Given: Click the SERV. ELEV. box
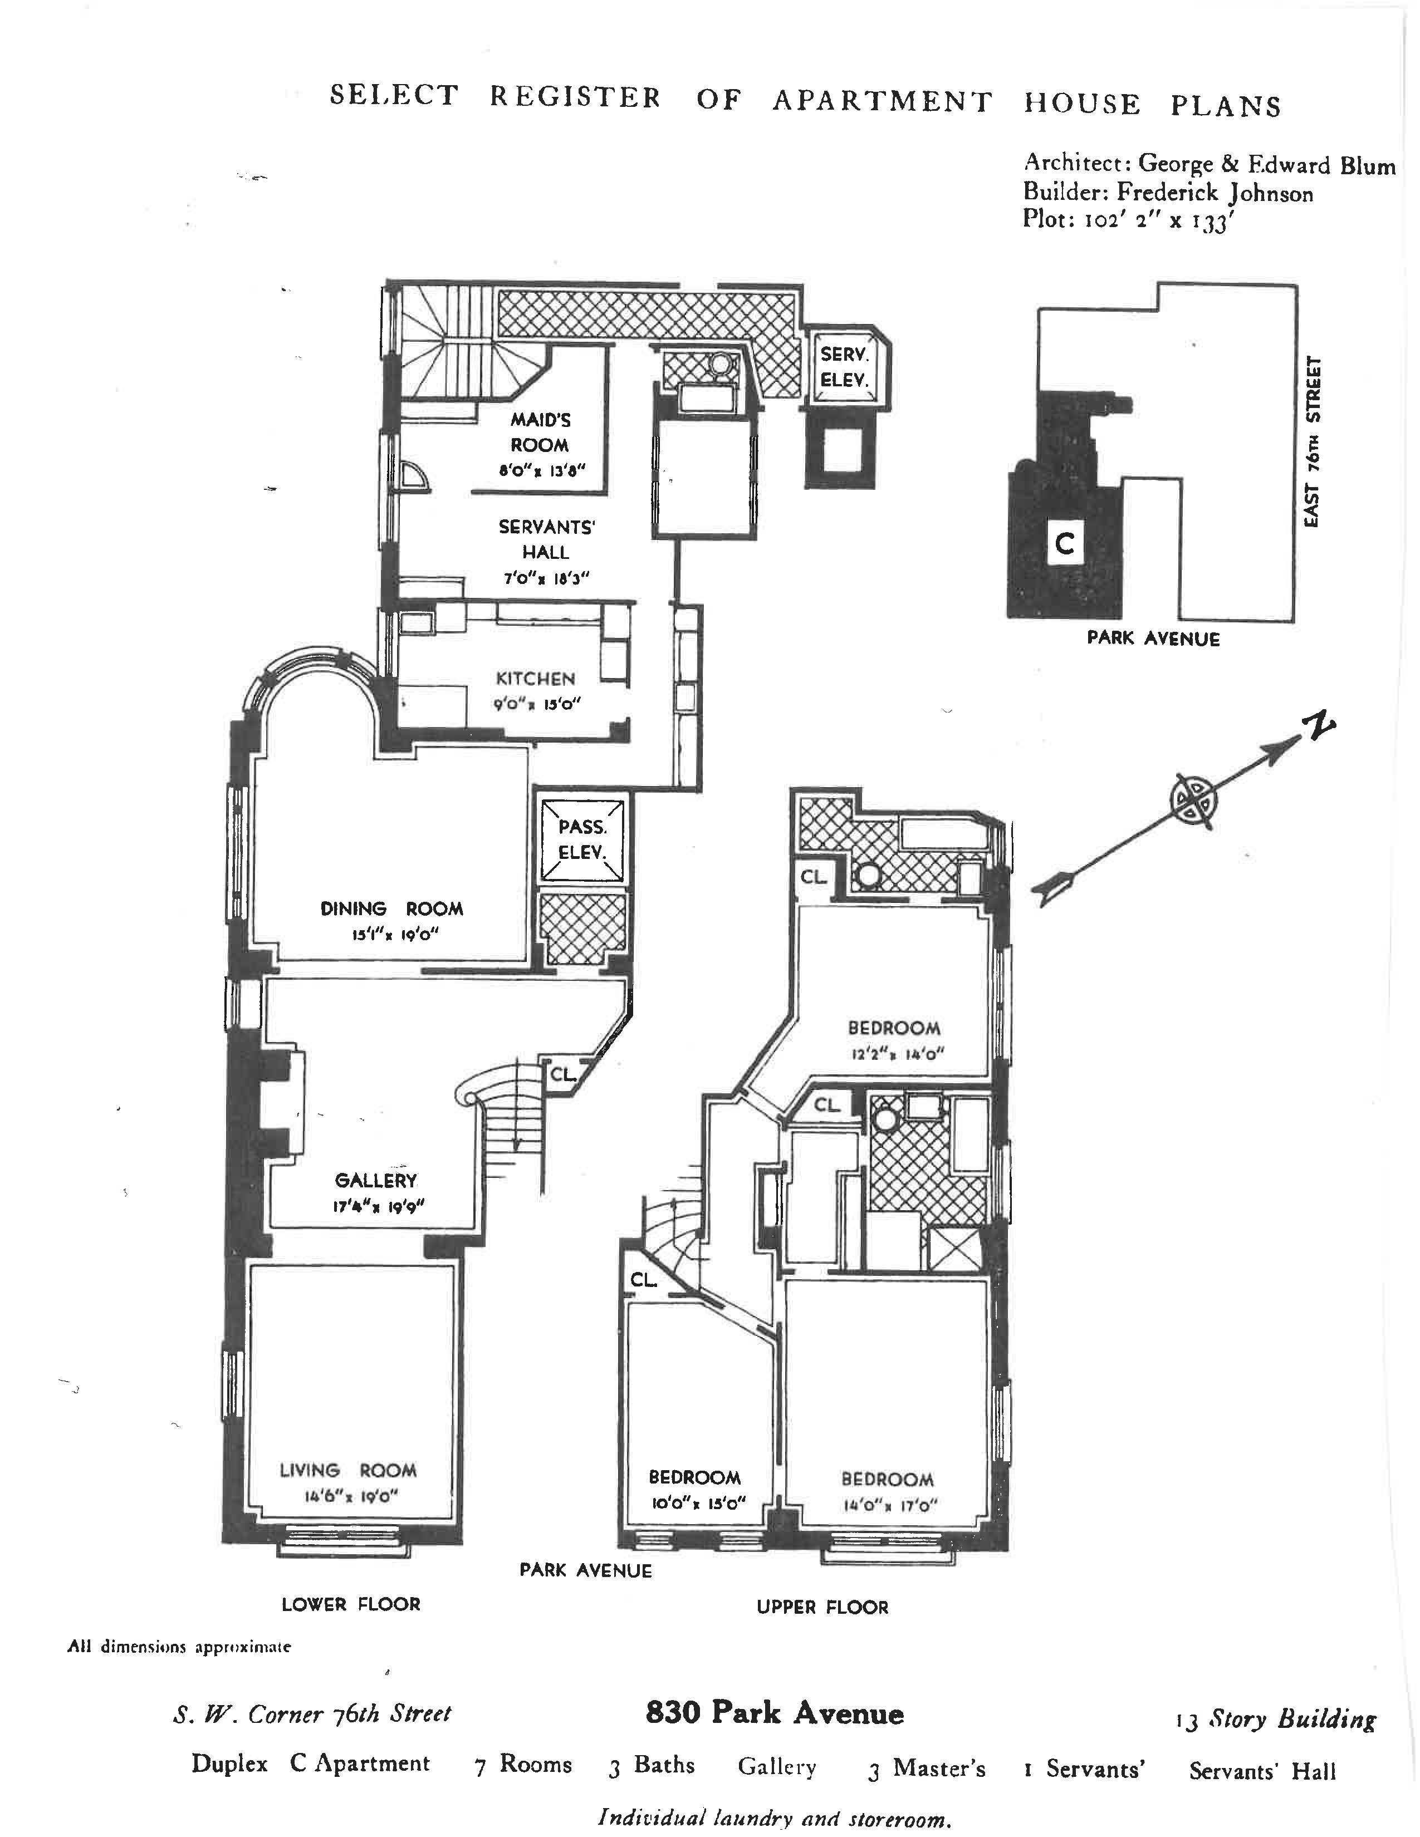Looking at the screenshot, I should point(844,367).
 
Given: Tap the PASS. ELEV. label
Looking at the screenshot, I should point(581,839).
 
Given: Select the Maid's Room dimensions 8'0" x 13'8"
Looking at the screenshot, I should point(541,471).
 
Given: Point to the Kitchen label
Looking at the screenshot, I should point(535,678).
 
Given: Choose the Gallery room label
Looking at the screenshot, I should point(375,1180).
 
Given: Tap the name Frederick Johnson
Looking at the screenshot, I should point(1214,194).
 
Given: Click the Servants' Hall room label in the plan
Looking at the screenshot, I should point(546,539).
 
